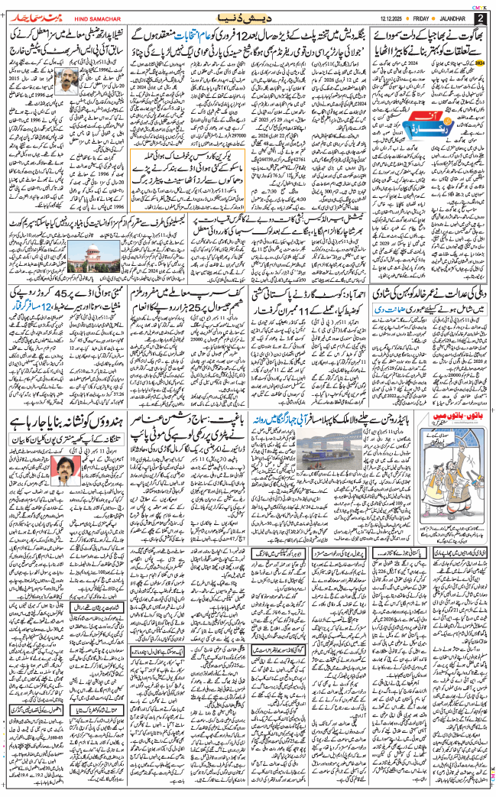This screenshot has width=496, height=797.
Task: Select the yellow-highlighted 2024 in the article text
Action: (x=480, y=64)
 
